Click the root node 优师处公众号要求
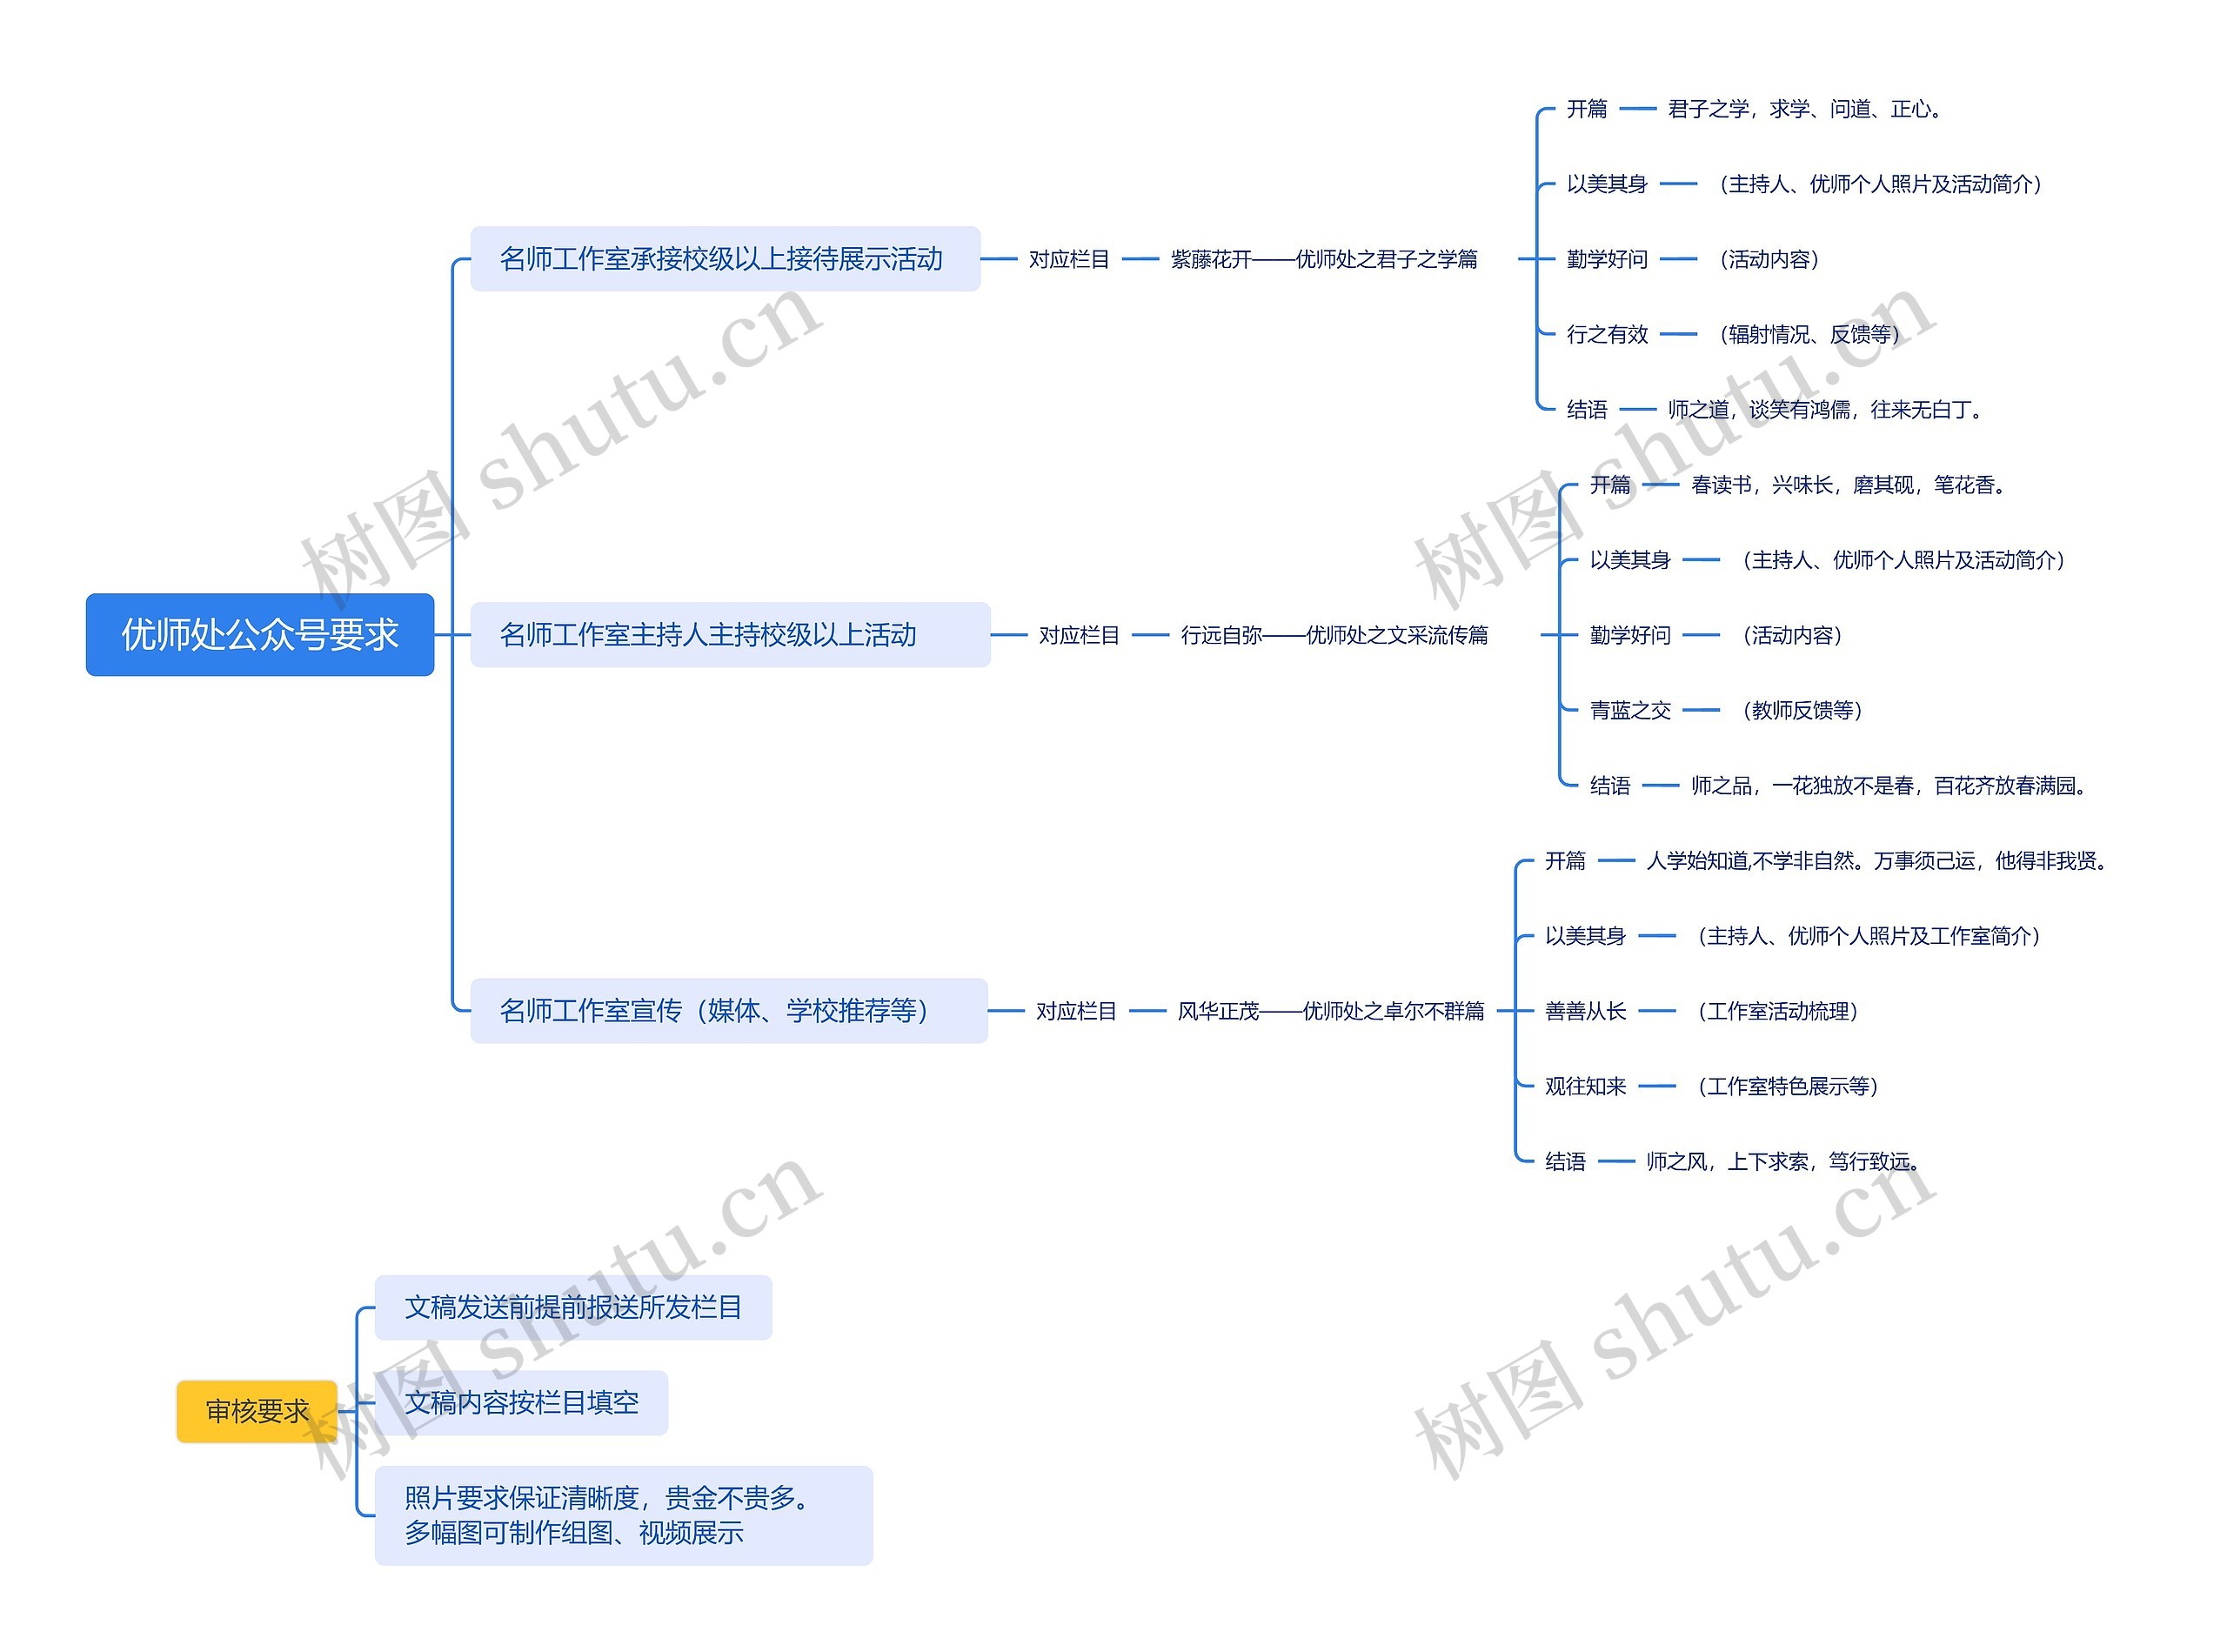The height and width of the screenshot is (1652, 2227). point(259,635)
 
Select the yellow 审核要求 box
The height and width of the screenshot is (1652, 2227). point(256,1411)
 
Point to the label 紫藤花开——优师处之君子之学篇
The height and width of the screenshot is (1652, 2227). point(1324,260)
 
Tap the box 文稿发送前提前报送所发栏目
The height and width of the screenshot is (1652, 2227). point(573,1307)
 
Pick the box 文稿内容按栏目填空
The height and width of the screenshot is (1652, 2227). point(521,1403)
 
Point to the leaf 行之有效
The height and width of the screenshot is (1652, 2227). point(1606,335)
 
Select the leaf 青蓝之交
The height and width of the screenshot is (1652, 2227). point(1629,711)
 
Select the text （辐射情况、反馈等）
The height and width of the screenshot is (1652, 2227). point(1809,335)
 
